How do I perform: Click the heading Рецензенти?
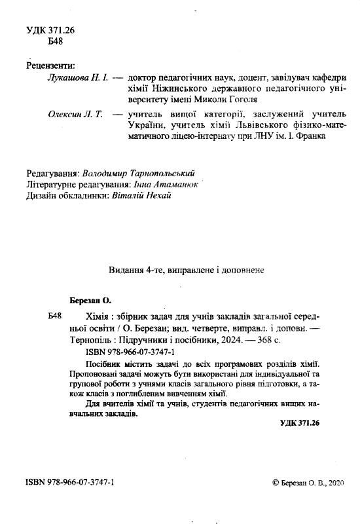[50, 65]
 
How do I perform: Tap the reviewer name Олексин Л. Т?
[73, 113]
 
